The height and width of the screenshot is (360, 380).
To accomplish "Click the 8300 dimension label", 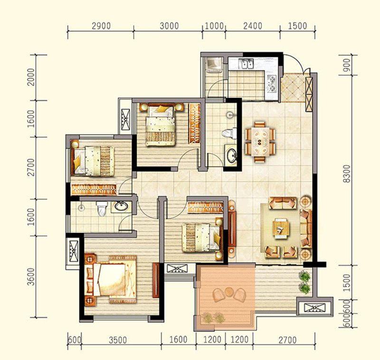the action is pos(348,174).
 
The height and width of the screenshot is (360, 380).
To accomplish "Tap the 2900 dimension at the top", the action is pos(101,26).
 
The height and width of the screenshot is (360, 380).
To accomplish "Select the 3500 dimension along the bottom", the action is pos(118,340).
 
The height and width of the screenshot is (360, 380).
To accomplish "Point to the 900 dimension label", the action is pos(348,65).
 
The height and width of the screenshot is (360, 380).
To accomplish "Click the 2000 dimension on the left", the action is pos(31,77).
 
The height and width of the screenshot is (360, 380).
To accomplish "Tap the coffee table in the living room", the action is pos(281,228).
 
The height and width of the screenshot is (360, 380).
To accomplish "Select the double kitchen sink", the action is pos(246,64).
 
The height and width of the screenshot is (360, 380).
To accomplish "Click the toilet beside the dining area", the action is pos(229,134).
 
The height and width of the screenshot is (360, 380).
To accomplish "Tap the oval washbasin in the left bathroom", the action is pos(121,206).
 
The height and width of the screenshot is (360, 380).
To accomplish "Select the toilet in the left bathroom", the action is pos(102,209).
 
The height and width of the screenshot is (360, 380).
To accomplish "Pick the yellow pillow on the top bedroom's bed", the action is pos(161,109).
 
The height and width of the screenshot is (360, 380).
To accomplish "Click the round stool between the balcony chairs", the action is pos(228,292).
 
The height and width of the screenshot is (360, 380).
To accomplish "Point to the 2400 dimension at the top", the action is pos(253,26).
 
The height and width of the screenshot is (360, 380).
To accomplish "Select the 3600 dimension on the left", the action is pos(31,277).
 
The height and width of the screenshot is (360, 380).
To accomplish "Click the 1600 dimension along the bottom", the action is pos(178,340).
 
